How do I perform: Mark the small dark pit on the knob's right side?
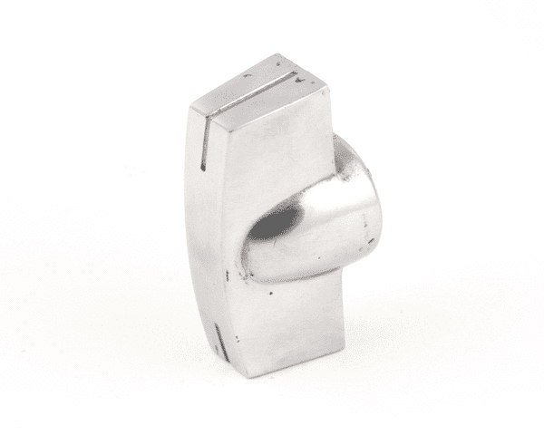369,242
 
